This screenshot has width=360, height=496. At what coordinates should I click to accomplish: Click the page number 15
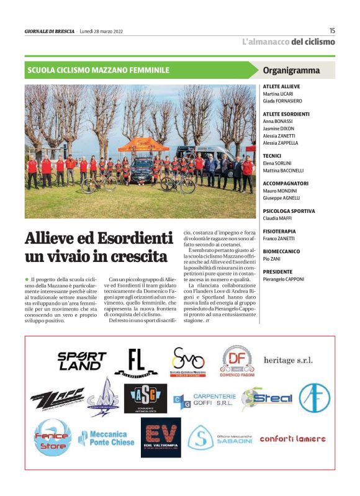point(332,30)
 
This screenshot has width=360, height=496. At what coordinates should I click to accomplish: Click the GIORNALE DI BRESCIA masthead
point(50,31)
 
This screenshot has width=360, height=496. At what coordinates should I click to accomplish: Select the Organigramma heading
point(291,70)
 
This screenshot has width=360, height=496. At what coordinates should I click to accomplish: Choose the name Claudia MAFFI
point(277,218)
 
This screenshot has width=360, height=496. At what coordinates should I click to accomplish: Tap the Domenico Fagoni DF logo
point(238,360)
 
